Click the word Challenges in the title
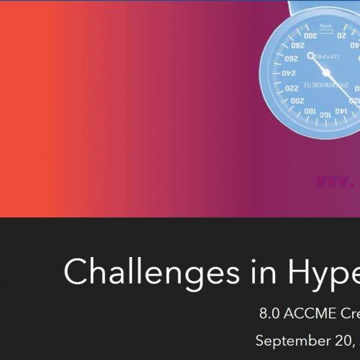(x=136, y=271)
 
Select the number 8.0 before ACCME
(x=271, y=314)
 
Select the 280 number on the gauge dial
(x=297, y=45)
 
